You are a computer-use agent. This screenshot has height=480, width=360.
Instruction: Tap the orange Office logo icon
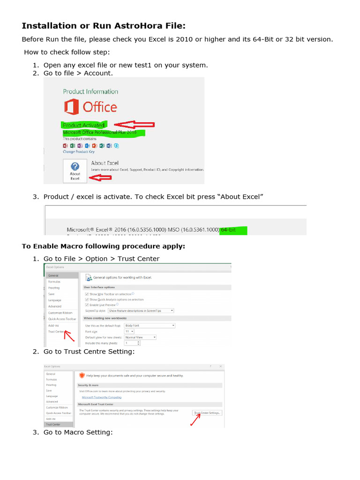pos(71,107)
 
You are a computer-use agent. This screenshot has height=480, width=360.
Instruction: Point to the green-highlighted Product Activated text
pos(84,125)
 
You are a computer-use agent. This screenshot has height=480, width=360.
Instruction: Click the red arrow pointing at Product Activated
pos(135,125)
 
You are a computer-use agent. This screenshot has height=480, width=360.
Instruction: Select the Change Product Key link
pos(78,152)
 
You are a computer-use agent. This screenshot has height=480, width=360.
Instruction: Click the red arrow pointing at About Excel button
pos(100,178)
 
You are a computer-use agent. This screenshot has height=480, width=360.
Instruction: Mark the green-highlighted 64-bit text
pos(233,230)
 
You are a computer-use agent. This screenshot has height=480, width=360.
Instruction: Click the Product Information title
pos(90,92)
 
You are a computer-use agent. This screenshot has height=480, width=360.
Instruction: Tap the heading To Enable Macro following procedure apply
pos(104,247)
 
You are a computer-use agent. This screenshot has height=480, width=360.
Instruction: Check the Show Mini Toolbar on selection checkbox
pos(87,294)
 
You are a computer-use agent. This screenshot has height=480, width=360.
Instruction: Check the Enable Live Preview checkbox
pos(87,305)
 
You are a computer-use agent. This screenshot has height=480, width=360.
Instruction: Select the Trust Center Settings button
pos(208,413)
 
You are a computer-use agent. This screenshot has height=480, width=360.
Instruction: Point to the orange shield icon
pos(82,375)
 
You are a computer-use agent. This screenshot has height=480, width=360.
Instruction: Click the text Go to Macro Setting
pos(78,432)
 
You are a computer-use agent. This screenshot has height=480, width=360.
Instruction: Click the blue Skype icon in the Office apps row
pos(116,146)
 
